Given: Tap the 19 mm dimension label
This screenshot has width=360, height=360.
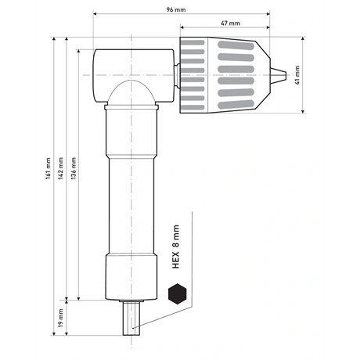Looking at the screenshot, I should [x=60, y=319].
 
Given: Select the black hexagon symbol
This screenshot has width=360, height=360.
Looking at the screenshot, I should [x=177, y=294].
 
